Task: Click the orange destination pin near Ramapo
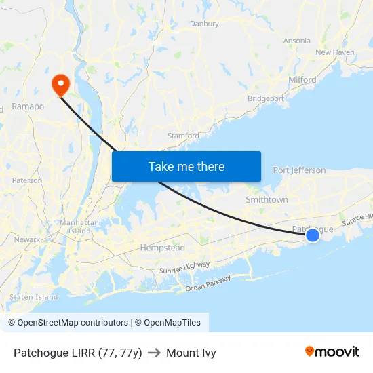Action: [x=61, y=83]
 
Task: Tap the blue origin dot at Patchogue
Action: [x=313, y=235]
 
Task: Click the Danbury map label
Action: [x=204, y=24]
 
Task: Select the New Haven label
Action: [x=335, y=52]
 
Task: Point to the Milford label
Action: [x=302, y=80]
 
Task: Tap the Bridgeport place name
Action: [x=267, y=98]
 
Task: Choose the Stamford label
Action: [x=183, y=136]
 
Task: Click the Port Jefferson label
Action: [x=299, y=170]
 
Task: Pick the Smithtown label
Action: [x=267, y=200]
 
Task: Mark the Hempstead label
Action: [x=162, y=248]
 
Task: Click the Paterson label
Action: [x=27, y=180]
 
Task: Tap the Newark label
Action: [x=27, y=239]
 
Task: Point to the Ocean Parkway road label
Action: [x=208, y=283]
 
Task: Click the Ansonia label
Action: [x=297, y=41]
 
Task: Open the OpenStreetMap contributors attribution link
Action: [x=73, y=323]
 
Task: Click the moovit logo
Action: [x=332, y=352]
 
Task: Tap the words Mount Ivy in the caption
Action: [x=191, y=353]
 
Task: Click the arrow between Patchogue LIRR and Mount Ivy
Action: [x=154, y=353]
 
